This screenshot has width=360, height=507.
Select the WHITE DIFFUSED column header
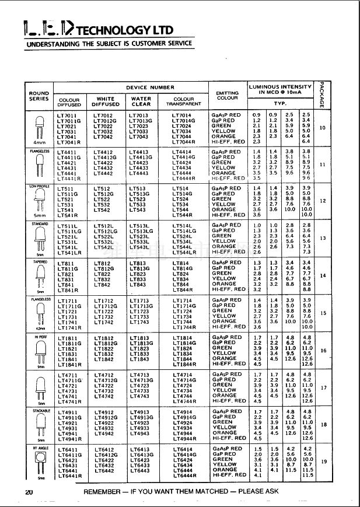(106, 102)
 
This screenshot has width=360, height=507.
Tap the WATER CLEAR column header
(141, 102)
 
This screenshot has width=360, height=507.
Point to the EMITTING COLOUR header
(227, 96)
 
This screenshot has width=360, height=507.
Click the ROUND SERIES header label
(39, 96)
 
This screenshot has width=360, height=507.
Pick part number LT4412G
(106, 157)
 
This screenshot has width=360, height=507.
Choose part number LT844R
(183, 289)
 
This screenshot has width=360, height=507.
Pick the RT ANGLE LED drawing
(39, 464)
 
